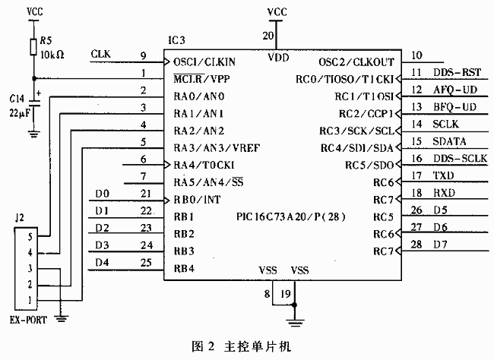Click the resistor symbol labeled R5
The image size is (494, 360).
[x=32, y=46]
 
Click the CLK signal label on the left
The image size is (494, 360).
[x=100, y=54]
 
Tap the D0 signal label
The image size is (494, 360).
[x=103, y=194]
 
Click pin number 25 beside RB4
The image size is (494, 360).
[x=147, y=263]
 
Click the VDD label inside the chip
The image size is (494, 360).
[x=279, y=58]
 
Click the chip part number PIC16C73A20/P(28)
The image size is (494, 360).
[x=291, y=216]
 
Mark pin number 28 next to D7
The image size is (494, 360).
[x=416, y=244]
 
